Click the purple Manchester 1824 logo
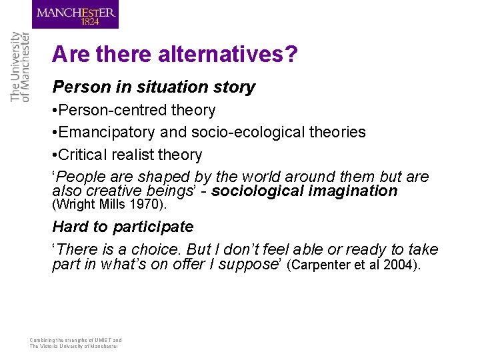(75, 15)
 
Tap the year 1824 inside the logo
(89, 21)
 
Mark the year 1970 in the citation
(141, 204)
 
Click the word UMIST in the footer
(95, 340)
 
